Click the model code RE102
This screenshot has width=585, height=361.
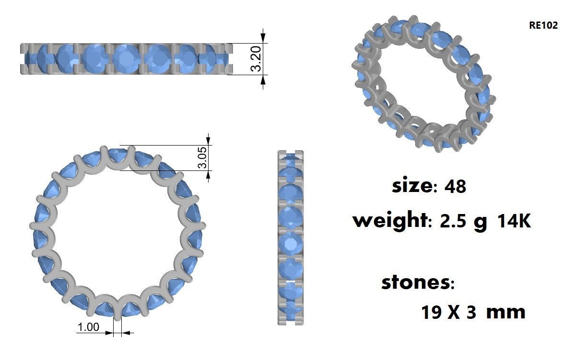point(543,25)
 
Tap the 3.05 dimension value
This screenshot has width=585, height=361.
point(202,158)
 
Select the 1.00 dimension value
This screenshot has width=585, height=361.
point(88,327)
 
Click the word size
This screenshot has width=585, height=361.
point(411,185)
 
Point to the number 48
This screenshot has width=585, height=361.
point(455,186)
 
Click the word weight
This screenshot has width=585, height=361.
point(389,221)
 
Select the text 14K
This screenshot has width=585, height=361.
point(514,221)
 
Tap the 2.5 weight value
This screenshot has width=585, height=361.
point(453,221)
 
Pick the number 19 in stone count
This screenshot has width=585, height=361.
point(432,313)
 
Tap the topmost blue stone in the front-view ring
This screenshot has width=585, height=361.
point(118,155)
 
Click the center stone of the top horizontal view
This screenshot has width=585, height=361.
point(126,58)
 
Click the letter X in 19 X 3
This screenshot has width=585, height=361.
point(454,313)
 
